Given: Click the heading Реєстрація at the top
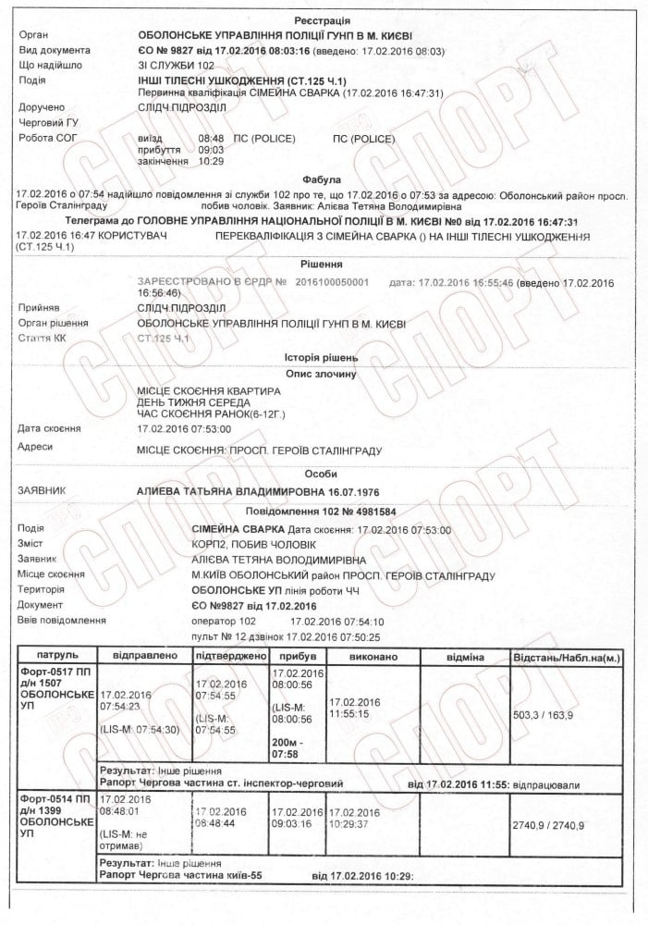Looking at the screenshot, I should (322, 20).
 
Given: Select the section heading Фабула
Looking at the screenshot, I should (322, 179).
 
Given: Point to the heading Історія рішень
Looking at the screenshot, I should (322, 357).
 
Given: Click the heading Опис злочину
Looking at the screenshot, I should (322, 374).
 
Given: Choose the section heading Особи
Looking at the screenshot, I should (322, 473).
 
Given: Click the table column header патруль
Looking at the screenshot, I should (55, 656).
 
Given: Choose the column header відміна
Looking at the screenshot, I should (464, 656).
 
